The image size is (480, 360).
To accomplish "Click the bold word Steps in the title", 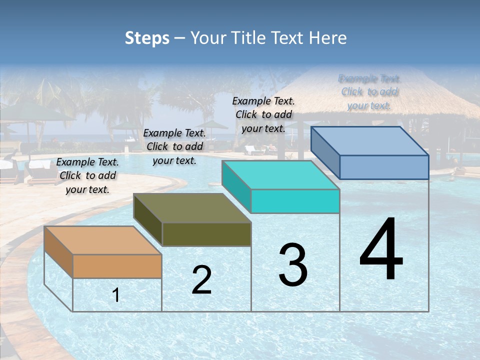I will (147, 38).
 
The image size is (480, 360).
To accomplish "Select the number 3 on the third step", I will (293, 265).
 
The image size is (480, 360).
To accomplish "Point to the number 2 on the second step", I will (201, 280).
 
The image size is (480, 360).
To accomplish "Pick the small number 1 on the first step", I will (116, 295).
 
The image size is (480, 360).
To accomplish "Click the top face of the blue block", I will (370, 141).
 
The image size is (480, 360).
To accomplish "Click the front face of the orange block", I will (117, 266).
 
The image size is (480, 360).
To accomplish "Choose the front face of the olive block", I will (206, 234).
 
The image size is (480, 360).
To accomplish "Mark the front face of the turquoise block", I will (295, 201).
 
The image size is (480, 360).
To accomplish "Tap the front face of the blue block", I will (384, 167).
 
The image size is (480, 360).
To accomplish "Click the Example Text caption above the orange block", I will (87, 175).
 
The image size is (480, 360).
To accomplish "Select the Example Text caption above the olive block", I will (174, 146).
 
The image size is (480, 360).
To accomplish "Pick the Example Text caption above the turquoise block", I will (263, 114).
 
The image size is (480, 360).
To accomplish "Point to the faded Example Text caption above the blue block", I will (369, 92).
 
